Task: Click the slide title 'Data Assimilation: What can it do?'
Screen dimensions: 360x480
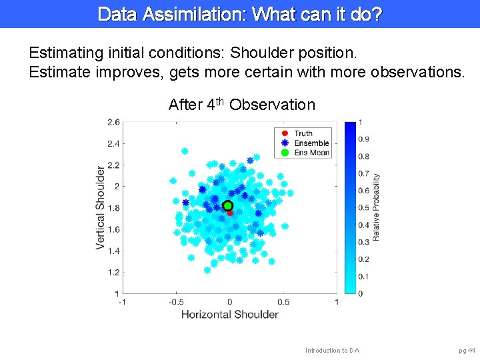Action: coord(240,13)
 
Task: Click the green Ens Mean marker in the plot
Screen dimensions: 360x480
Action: coord(228,206)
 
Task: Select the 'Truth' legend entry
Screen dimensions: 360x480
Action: coord(303,133)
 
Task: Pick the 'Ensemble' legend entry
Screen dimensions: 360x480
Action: coord(311,143)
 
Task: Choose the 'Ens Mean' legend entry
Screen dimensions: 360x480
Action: coord(311,153)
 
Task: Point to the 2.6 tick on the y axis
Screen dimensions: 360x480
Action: coord(113,122)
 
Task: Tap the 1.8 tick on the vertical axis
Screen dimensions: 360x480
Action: coord(113,208)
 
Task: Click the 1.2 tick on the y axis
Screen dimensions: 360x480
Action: coord(113,272)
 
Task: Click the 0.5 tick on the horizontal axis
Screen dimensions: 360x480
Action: coord(283,301)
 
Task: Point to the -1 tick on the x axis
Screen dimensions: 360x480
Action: coord(121,301)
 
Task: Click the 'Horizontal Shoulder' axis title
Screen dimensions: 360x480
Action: coord(229,314)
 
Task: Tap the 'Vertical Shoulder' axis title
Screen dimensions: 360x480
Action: coord(100,208)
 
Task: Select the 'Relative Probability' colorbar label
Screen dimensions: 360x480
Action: coord(377,207)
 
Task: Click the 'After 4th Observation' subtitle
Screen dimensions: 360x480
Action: coord(241,105)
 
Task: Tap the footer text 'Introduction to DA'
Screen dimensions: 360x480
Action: coord(332,350)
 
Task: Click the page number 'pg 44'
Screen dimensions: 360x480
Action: coord(467,350)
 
